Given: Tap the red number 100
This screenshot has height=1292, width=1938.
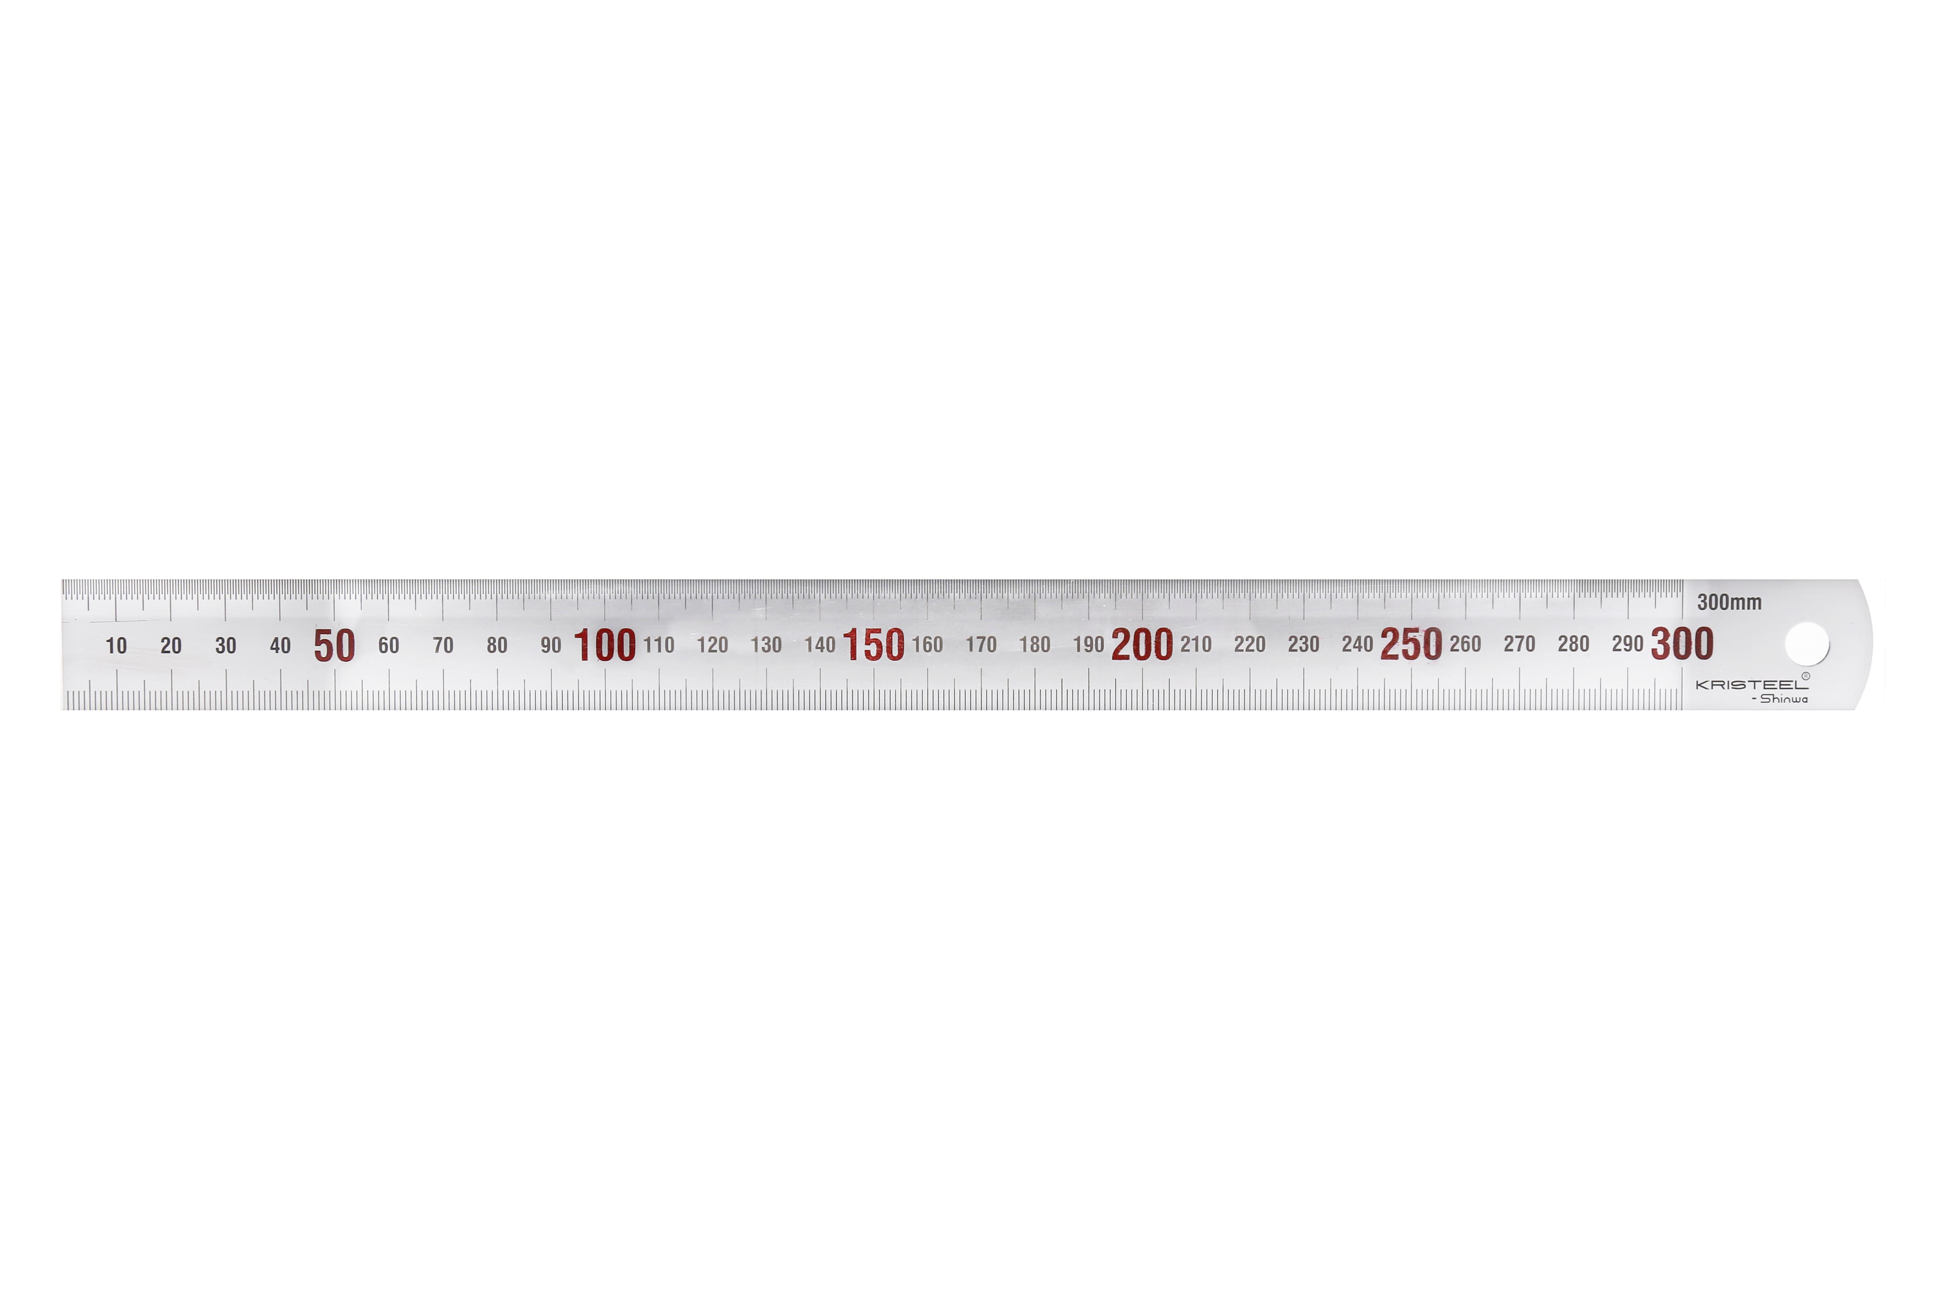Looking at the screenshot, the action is [605, 645].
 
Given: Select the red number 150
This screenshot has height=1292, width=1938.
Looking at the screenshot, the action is [873, 645].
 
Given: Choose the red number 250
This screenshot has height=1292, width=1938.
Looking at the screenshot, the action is [1411, 644].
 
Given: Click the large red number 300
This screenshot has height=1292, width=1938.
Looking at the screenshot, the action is [1682, 644].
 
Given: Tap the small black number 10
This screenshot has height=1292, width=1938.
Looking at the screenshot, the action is [116, 646].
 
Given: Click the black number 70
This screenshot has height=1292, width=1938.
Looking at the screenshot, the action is [443, 645].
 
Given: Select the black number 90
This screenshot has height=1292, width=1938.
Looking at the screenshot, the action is [550, 645].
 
